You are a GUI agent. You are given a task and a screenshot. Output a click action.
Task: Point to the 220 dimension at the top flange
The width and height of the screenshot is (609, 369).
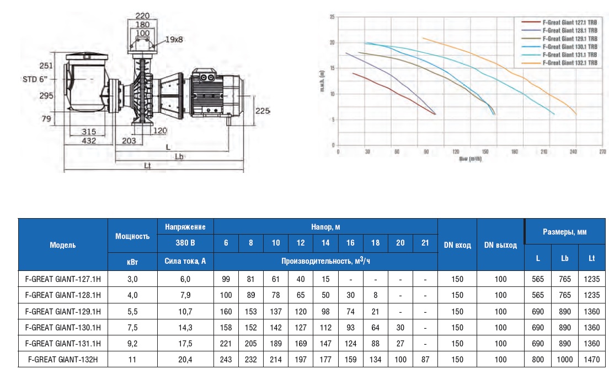(142, 15)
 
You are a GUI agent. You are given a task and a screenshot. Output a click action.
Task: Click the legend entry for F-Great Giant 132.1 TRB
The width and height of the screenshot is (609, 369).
(568, 63)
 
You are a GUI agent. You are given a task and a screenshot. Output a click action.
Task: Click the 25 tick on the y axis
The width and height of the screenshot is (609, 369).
(332, 17)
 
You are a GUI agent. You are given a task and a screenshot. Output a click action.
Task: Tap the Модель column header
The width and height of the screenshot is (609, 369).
(63, 245)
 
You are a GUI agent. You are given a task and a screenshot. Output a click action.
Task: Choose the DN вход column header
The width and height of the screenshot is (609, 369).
(457, 245)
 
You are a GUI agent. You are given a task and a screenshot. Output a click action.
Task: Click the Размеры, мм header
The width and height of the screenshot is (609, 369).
(566, 232)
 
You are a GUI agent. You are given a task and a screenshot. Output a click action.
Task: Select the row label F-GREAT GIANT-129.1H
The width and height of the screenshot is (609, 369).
(63, 311)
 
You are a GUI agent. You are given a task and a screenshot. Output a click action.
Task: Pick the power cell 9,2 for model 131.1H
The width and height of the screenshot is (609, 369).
(132, 343)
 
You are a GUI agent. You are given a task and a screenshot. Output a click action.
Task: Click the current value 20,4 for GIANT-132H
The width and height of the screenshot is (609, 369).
(185, 359)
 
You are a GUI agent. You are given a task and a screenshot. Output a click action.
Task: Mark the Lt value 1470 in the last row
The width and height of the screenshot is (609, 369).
(591, 359)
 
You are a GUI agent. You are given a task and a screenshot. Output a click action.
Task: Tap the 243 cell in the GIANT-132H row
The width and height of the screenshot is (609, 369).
(226, 359)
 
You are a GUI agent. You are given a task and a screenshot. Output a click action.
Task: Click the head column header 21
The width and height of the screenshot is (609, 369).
(425, 243)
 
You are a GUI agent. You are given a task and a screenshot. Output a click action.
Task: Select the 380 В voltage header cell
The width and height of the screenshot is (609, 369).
(185, 243)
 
